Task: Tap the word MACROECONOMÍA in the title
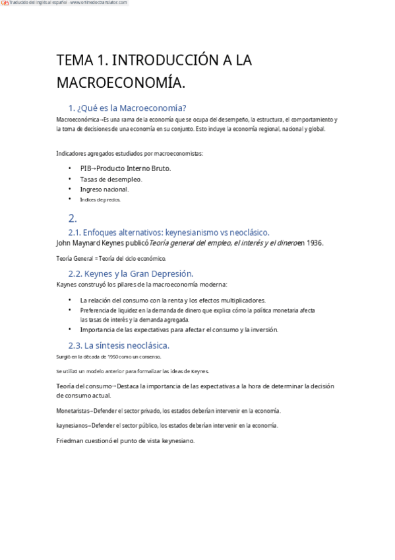121,83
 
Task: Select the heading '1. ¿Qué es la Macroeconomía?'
127,108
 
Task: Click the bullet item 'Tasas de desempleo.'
111,179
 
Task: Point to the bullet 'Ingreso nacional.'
109,190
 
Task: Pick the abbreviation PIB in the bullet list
86,168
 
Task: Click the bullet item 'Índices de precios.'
100,199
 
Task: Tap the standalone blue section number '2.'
73,218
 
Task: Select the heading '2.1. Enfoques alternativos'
168,232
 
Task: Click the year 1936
315,243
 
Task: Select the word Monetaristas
73,411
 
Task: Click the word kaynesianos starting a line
73,426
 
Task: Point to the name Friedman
72,441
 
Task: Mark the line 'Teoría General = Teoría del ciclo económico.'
111,258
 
